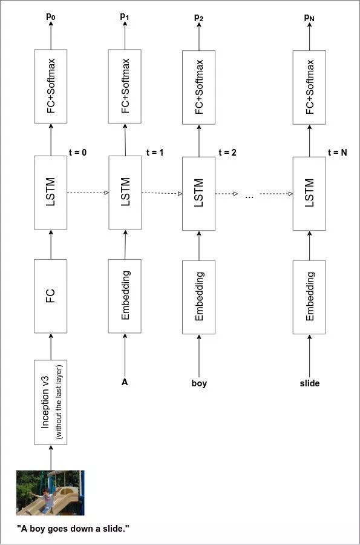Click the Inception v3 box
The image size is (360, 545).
pos(50,403)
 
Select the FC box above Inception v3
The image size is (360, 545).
pos(50,296)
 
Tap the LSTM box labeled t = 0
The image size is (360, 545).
pos(50,193)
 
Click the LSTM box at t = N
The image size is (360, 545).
pos(309,194)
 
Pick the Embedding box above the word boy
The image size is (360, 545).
pos(199,297)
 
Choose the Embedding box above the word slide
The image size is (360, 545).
pos(309,297)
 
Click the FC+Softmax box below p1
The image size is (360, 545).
pos(125,86)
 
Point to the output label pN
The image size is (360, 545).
pos(309,18)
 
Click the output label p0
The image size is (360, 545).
pos(51,16)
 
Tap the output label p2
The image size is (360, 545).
pos(199,18)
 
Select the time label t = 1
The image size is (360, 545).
pos(155,152)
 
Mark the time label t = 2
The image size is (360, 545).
pos(227,152)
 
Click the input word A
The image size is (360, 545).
pos(125,382)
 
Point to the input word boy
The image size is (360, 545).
pos(199,383)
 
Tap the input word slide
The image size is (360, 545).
pos(310,383)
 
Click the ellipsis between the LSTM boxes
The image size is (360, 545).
pos(249,197)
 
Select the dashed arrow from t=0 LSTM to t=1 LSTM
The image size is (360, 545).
pos(88,193)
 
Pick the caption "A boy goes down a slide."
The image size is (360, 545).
pos(73,529)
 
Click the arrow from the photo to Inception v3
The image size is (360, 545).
pos(51,458)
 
